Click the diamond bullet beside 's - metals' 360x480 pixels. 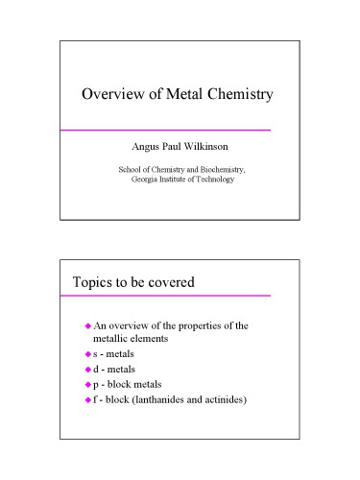(x=87, y=356)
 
